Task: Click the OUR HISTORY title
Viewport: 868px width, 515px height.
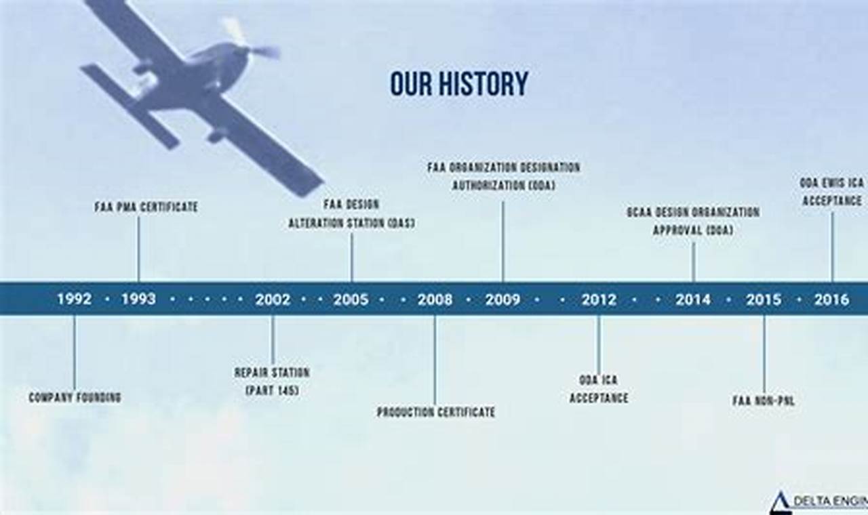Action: tap(459, 84)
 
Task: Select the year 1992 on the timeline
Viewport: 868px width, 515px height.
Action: tap(74, 299)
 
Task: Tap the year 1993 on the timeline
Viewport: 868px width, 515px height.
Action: tap(138, 299)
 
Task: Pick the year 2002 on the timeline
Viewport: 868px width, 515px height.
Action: tap(273, 299)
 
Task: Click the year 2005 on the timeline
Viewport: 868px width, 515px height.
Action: tap(351, 299)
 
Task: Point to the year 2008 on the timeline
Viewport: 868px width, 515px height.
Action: tap(435, 299)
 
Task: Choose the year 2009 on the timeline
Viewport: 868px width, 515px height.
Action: tap(502, 299)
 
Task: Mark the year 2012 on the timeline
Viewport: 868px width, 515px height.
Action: tap(598, 299)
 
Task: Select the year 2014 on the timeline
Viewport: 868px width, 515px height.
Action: tap(693, 299)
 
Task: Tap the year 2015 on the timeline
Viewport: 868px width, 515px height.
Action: tap(764, 299)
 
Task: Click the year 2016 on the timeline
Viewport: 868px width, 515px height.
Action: tap(831, 299)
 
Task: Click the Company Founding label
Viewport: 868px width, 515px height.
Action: tap(75, 398)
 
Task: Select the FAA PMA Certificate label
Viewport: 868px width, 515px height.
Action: tap(146, 207)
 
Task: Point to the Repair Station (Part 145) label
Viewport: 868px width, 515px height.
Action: tap(272, 382)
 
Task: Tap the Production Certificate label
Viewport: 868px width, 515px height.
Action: tap(435, 412)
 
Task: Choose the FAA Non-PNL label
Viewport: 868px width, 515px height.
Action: tap(764, 401)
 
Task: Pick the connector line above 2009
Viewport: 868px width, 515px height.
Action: tap(502, 241)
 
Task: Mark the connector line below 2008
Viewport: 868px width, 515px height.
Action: tap(435, 359)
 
